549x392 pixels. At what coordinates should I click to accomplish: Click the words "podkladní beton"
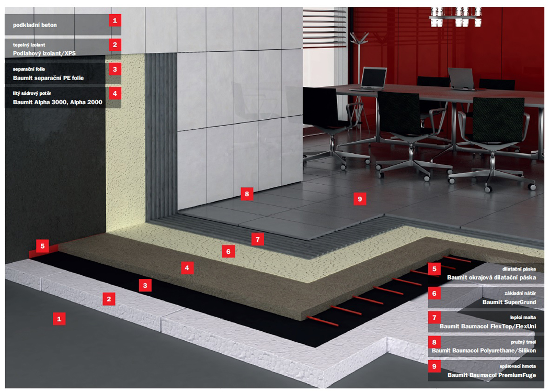35,25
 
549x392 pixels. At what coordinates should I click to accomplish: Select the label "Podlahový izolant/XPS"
44,53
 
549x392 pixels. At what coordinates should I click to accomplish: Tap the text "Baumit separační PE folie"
48,78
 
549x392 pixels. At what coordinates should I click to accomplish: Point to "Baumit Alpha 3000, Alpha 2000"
58,102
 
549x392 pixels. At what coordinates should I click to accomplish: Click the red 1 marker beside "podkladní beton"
115,20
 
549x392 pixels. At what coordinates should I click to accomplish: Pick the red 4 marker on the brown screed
187,268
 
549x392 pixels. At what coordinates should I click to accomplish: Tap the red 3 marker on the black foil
145,286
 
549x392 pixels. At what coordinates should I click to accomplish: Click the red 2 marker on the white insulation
109,299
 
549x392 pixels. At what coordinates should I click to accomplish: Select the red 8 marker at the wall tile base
247,194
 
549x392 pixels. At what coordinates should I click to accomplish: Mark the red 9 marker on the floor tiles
360,199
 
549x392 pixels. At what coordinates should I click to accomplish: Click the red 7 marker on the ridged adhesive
258,239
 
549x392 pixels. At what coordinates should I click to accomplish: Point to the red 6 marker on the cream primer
228,251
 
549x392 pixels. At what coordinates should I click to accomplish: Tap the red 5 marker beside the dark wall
42,246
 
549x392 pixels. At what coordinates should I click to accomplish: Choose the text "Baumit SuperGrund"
509,302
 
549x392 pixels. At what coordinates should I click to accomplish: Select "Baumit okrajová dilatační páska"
491,277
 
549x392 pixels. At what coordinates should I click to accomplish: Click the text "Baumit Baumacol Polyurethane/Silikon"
484,351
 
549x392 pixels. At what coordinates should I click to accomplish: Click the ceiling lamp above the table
455,16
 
